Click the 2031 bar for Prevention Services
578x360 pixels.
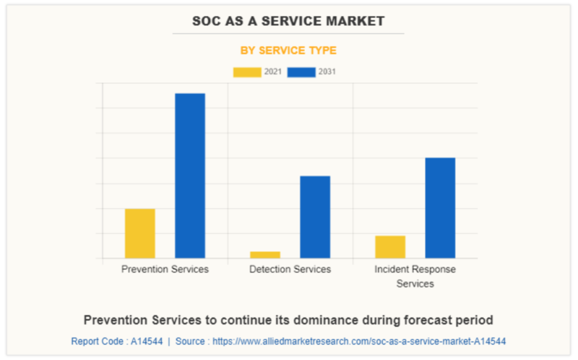(190, 176)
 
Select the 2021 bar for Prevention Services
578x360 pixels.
(140, 233)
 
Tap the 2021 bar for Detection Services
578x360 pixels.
(265, 254)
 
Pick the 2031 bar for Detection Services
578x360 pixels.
(315, 217)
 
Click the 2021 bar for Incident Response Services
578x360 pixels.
(390, 247)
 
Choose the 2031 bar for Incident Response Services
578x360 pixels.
(440, 207)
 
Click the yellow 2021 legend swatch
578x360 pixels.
(247, 72)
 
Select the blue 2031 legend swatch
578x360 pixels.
(301, 72)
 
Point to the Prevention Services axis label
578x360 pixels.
(165, 269)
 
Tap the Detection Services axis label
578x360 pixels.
(290, 269)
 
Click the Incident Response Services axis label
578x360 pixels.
(415, 276)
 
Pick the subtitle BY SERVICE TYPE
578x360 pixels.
(288, 51)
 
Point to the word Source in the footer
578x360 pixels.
(190, 340)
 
